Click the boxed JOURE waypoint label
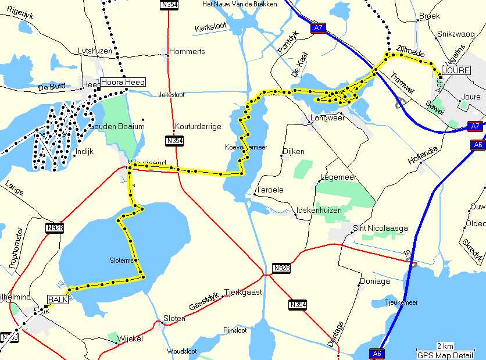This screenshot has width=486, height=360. [x=455, y=70]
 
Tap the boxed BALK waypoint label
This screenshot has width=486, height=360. [x=58, y=299]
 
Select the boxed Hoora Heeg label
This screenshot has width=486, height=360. [x=123, y=82]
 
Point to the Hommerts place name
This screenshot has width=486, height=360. [x=187, y=51]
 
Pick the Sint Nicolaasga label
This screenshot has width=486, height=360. [x=380, y=227]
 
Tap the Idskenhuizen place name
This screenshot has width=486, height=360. [x=319, y=209]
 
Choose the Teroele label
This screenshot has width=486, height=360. [x=271, y=190]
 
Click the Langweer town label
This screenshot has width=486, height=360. [x=328, y=117]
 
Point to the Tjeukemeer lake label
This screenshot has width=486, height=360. [x=401, y=302]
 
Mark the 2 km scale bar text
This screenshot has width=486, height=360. [x=445, y=346]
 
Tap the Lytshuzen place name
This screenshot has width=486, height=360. [x=95, y=51]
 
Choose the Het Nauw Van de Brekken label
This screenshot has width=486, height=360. [x=239, y=4]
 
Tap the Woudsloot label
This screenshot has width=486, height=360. [x=182, y=351]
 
